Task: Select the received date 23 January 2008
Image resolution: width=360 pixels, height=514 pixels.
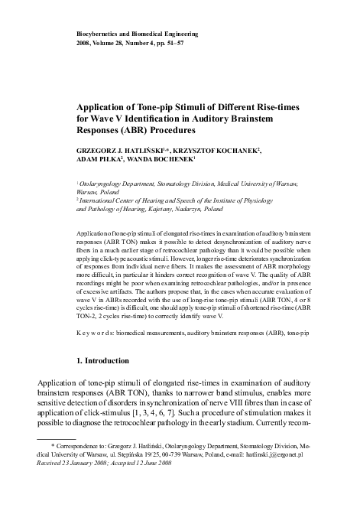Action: pos(92,484)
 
